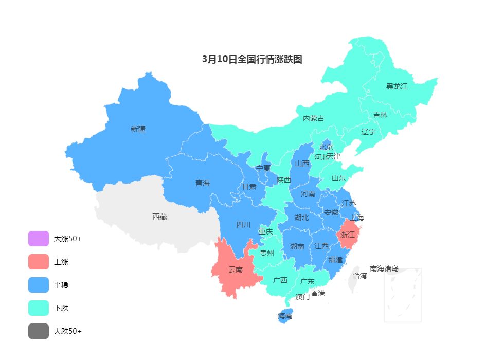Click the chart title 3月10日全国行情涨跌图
click(x=252, y=59)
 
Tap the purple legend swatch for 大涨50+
click(x=39, y=239)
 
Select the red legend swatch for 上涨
click(x=39, y=262)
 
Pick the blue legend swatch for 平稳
click(x=39, y=285)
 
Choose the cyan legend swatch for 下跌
click(x=39, y=308)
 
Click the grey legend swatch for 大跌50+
click(x=39, y=331)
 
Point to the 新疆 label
click(x=138, y=129)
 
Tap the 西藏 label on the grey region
click(x=159, y=217)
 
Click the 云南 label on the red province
click(x=236, y=269)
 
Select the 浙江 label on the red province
click(x=348, y=235)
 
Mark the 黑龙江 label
click(x=397, y=86)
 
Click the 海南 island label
click(x=285, y=316)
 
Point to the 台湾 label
click(x=360, y=276)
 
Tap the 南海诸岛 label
click(x=384, y=268)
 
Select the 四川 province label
click(x=243, y=224)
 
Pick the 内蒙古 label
click(x=314, y=118)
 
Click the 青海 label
click(x=203, y=183)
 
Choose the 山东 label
click(x=338, y=178)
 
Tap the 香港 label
click(x=318, y=293)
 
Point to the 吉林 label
click(x=380, y=115)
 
